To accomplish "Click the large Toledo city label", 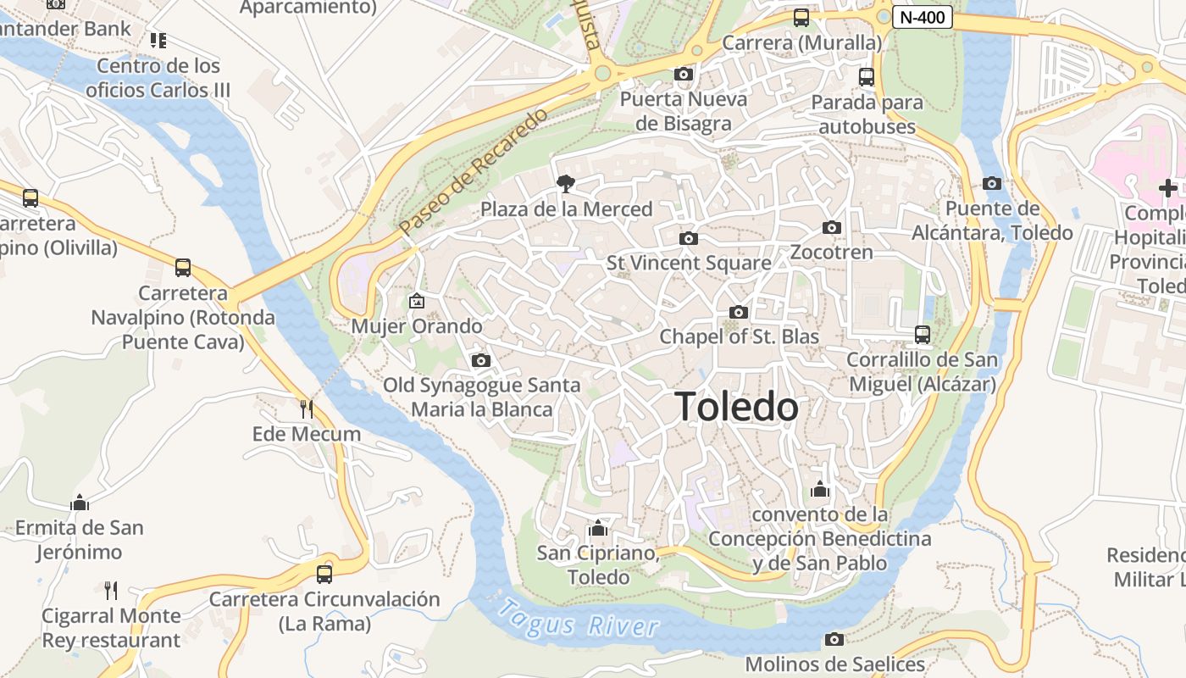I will pyautogui.click(x=736, y=408).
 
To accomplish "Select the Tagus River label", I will pyautogui.click(x=579, y=620).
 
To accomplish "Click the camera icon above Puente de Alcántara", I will pyautogui.click(x=992, y=183).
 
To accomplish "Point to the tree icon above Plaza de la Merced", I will pyautogui.click(x=565, y=183).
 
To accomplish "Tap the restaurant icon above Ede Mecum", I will pyautogui.click(x=307, y=408).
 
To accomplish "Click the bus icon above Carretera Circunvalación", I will pyautogui.click(x=324, y=574).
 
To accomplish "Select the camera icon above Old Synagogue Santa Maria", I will pyautogui.click(x=481, y=360).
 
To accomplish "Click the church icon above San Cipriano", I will pyautogui.click(x=598, y=529).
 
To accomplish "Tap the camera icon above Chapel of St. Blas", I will pyautogui.click(x=739, y=312).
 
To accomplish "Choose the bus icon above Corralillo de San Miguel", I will pyautogui.click(x=923, y=335).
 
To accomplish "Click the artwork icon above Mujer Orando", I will pyautogui.click(x=417, y=301).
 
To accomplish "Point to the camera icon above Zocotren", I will pyautogui.click(x=832, y=227).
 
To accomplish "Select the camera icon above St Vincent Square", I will pyautogui.click(x=689, y=238).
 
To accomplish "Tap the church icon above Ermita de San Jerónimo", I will pyautogui.click(x=80, y=503).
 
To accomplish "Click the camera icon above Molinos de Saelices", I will pyautogui.click(x=834, y=639).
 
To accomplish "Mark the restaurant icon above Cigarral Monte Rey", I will pyautogui.click(x=111, y=590).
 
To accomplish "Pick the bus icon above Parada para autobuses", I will pyautogui.click(x=867, y=77).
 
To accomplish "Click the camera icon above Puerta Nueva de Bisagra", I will pyautogui.click(x=684, y=74).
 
